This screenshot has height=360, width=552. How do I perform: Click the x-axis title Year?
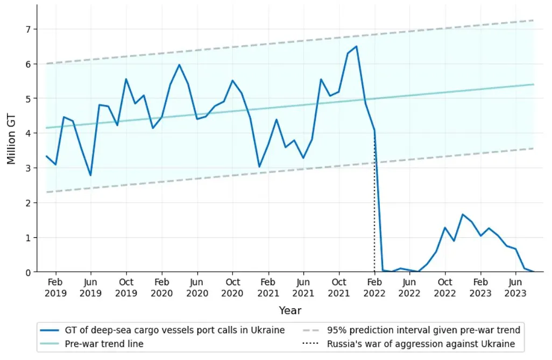(x=290, y=310)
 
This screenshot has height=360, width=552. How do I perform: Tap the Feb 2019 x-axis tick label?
(x=55, y=287)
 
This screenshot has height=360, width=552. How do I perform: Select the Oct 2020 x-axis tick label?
(x=232, y=287)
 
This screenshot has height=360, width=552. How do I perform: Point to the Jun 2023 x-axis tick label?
(x=515, y=287)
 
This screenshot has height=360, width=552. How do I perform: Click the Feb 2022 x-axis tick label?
(x=374, y=287)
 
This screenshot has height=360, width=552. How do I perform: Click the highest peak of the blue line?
(x=357, y=46)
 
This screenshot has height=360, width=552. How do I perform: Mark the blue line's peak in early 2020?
(x=179, y=65)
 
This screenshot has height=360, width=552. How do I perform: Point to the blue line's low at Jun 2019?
(x=90, y=175)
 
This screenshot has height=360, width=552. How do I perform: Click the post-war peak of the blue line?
(x=463, y=214)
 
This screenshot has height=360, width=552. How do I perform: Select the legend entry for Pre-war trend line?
(x=92, y=344)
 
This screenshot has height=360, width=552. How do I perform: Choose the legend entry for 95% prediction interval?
(x=411, y=330)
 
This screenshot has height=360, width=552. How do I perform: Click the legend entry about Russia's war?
(x=408, y=344)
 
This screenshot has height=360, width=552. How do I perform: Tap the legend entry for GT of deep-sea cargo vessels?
(x=162, y=330)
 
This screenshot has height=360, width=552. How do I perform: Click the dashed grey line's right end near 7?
(x=534, y=20)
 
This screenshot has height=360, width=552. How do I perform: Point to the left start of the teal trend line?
(x=46, y=128)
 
